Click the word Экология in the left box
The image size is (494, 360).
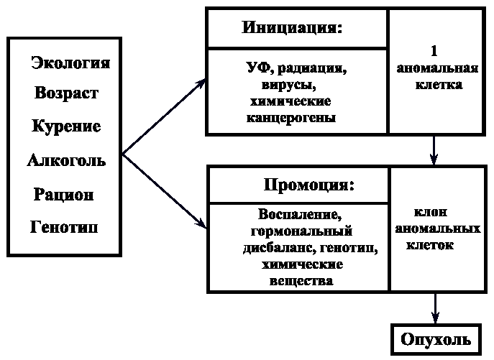pyautogui.click(x=70, y=63)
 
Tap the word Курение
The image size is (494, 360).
pyautogui.click(x=66, y=126)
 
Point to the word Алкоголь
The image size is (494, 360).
pyautogui.click(x=66, y=160)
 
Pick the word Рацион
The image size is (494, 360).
pyautogui.click(x=63, y=194)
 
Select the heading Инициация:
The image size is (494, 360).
pyautogui.click(x=293, y=29)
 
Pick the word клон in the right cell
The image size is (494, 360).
pyautogui.click(x=431, y=213)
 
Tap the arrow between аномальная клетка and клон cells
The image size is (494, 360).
pyautogui.click(x=434, y=150)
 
